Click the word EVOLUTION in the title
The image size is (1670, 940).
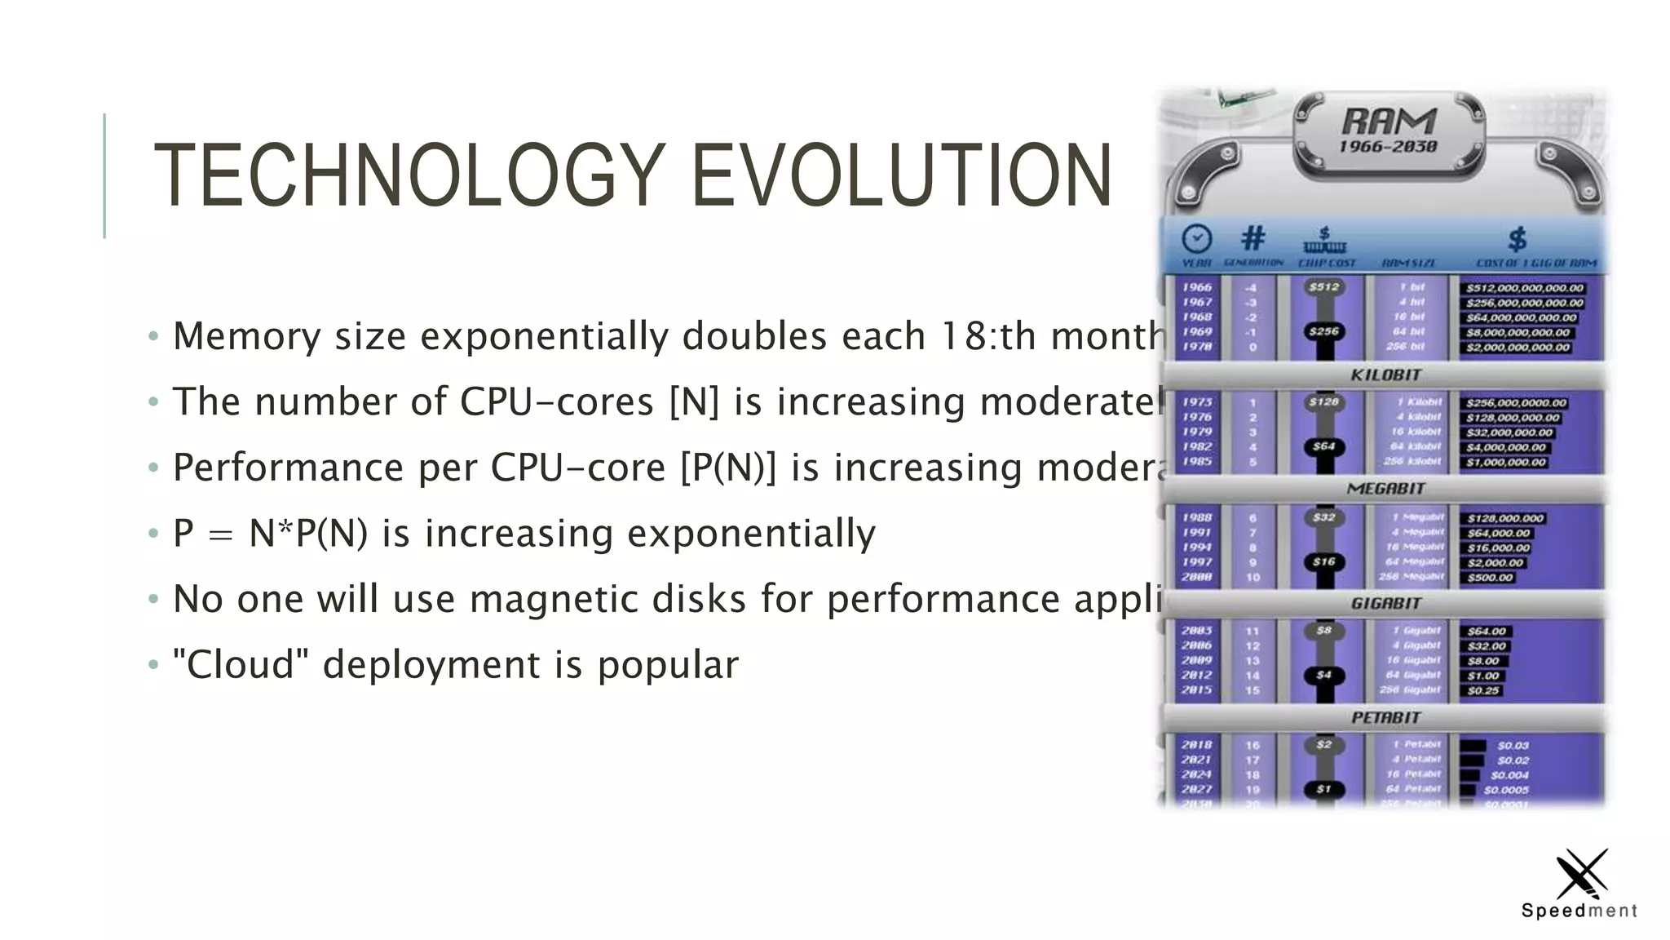pos(901,175)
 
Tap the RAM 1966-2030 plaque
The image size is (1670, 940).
pos(1389,133)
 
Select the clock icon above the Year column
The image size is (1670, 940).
pos(1196,239)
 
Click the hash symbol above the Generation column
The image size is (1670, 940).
pos(1252,238)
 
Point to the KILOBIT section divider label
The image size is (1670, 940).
pos(1385,375)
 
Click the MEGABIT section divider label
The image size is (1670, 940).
pos(1385,489)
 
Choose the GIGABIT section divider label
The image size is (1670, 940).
pos(1385,604)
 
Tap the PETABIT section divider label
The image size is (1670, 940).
pos(1385,718)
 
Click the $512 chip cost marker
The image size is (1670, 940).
pos(1323,287)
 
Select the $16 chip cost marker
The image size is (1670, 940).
pos(1323,561)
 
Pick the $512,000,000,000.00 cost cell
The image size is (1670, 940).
pos(1524,288)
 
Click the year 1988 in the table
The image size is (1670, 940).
pos(1197,517)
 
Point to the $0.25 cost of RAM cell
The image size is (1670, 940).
pos(1483,690)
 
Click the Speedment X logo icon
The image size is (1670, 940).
pos(1581,874)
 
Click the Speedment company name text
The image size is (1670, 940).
pos(1579,911)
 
